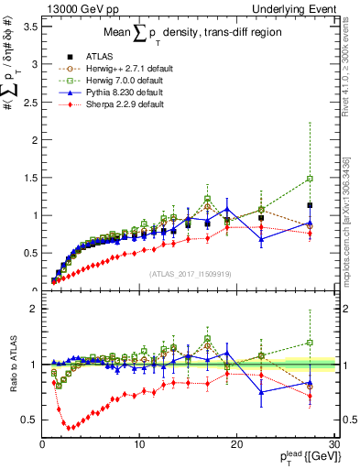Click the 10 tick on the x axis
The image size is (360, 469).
point(139,445)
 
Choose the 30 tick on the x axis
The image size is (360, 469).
point(333,445)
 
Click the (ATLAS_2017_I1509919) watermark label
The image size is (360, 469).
point(188,273)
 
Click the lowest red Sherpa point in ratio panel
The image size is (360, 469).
point(69,427)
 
